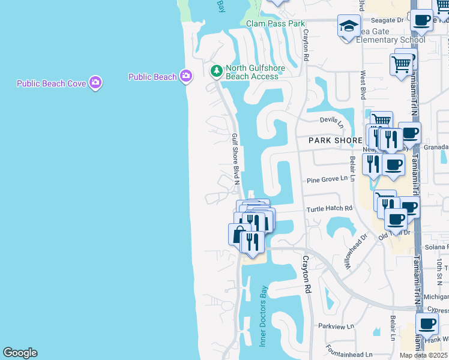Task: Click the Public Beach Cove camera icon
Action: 95,83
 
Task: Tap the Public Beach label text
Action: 152,77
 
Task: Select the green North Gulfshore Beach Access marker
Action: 216,71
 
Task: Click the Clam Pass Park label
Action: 276,24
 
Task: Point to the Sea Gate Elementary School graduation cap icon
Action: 349,26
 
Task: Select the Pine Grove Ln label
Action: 327,179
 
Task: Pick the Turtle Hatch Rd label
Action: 329,209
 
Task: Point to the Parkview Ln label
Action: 333,327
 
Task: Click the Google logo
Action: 20,353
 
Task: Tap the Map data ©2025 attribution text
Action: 423,355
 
